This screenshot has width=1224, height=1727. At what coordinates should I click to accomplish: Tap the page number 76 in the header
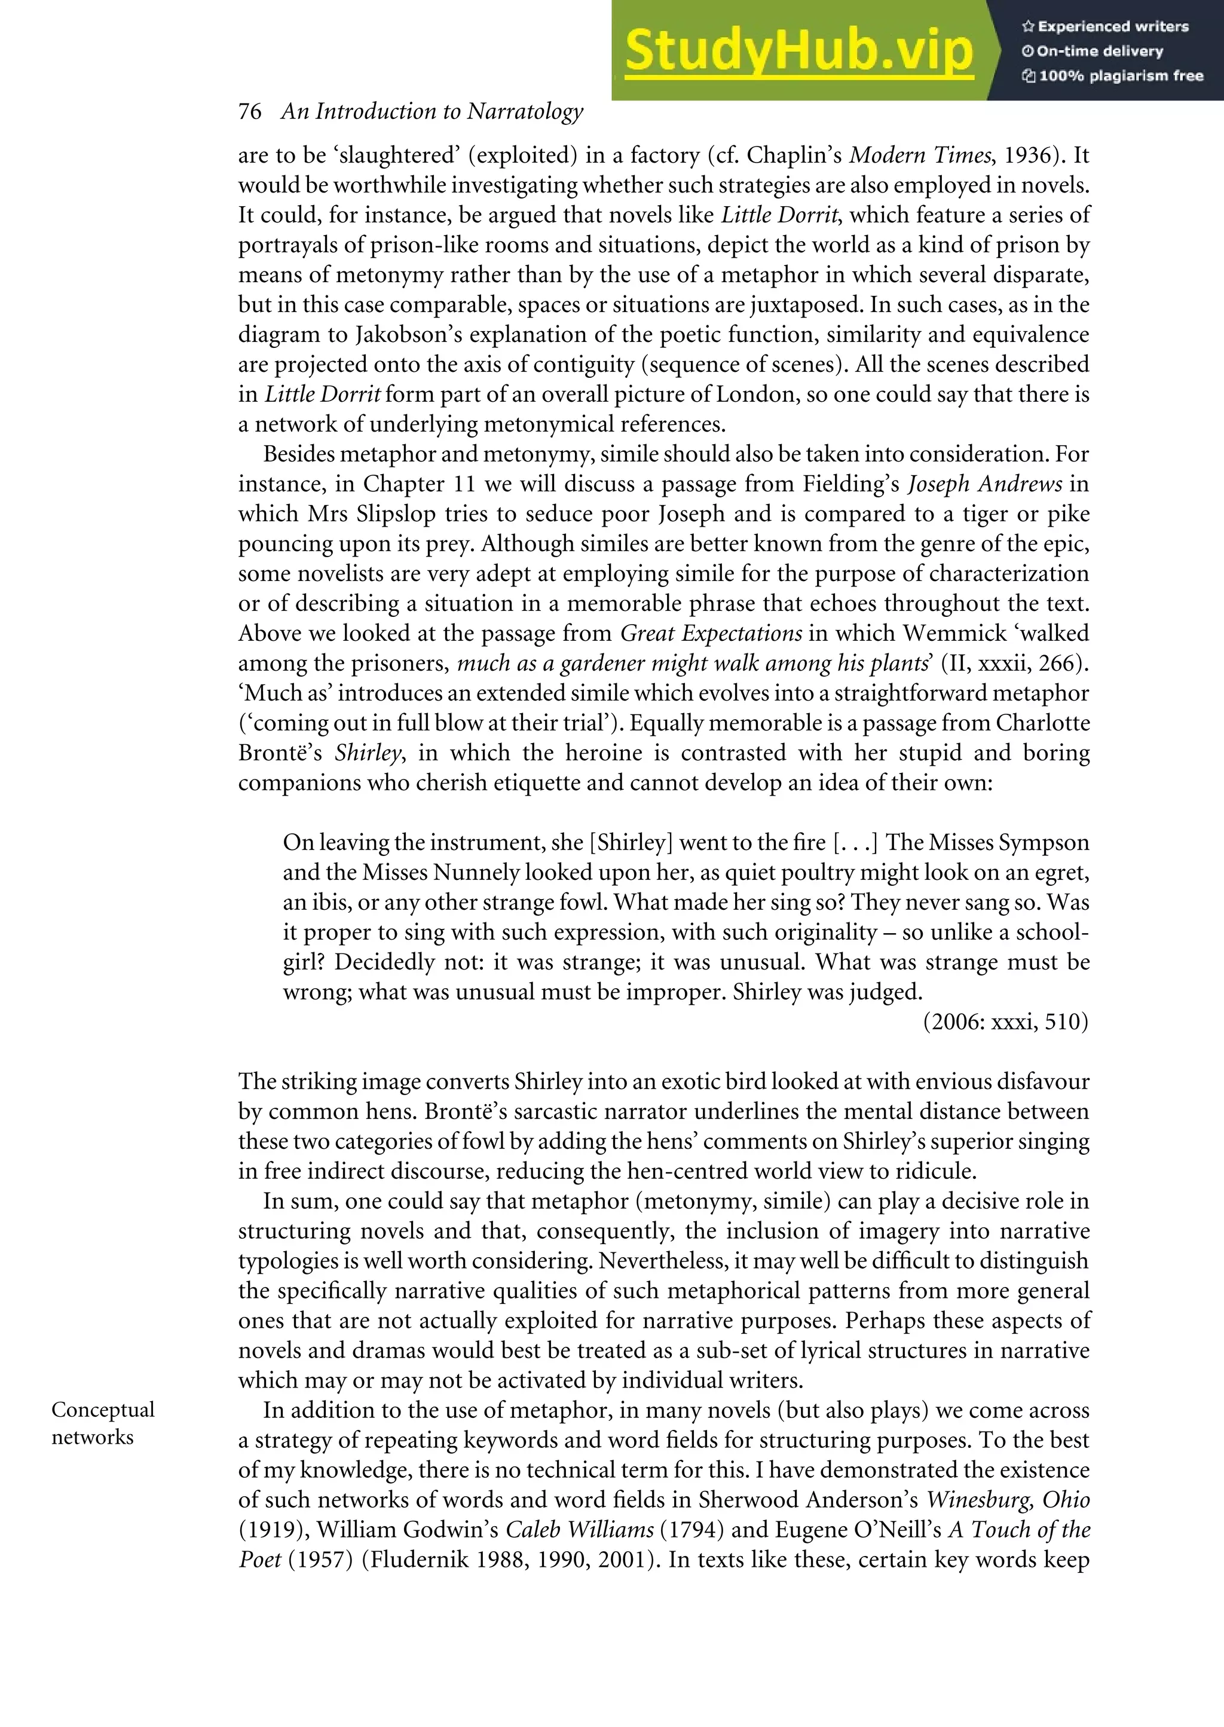[x=249, y=112]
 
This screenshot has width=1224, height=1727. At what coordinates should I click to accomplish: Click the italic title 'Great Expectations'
[x=711, y=633]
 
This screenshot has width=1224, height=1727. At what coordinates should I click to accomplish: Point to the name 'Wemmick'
[x=954, y=633]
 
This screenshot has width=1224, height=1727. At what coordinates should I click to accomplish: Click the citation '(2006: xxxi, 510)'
[x=1005, y=1022]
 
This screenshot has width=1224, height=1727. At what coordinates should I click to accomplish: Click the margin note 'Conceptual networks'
[x=103, y=1423]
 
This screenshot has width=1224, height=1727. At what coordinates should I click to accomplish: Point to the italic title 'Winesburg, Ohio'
[x=1008, y=1500]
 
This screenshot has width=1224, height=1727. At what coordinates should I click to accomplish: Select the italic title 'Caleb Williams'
[x=580, y=1530]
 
